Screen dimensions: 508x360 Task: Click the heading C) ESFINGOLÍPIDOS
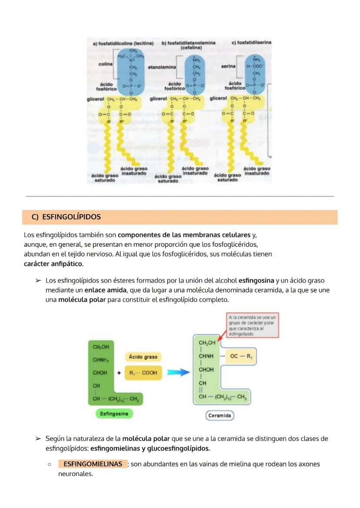(x=66, y=217)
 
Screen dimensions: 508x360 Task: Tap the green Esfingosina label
(x=114, y=414)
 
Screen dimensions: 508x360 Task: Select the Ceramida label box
(x=220, y=416)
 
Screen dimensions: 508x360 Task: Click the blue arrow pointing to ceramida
(x=178, y=372)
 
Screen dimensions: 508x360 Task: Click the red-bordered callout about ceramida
(x=253, y=325)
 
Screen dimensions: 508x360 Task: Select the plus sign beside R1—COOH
(x=119, y=372)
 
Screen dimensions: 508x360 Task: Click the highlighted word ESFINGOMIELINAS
(x=93, y=464)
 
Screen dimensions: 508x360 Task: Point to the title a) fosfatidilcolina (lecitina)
(x=123, y=43)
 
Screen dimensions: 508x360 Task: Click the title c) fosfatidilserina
(x=251, y=43)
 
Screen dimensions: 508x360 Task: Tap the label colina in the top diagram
(x=106, y=64)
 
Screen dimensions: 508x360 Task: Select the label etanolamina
(x=162, y=67)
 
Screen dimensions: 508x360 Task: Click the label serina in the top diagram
(x=228, y=66)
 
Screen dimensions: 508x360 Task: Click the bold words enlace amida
(x=102, y=290)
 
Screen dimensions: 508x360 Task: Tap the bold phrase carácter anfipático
(x=53, y=264)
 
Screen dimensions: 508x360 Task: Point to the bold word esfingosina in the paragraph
(x=256, y=281)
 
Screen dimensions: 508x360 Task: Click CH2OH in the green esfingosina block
(x=101, y=347)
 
